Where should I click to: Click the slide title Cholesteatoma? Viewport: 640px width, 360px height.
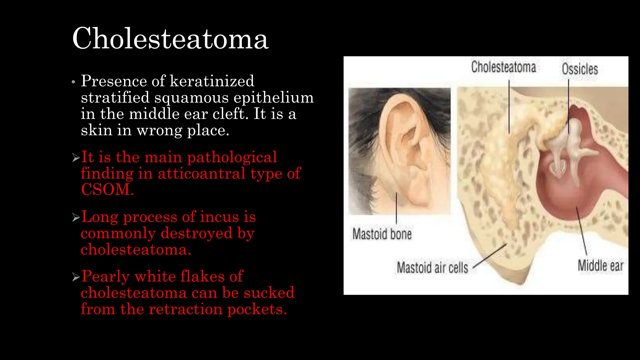[170, 38]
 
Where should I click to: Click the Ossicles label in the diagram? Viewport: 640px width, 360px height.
[580, 69]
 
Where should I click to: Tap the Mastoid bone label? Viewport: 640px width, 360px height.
[382, 234]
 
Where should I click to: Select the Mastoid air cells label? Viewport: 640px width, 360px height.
[432, 268]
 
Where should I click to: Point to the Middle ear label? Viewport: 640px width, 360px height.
[600, 266]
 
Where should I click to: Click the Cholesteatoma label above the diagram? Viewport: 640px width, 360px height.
[503, 67]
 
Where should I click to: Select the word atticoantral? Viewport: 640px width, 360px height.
[201, 173]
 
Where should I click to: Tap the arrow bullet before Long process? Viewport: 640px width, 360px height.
[76, 217]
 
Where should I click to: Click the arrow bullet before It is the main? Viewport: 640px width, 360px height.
[76, 157]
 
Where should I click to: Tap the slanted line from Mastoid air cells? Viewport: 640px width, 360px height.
[490, 256]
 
